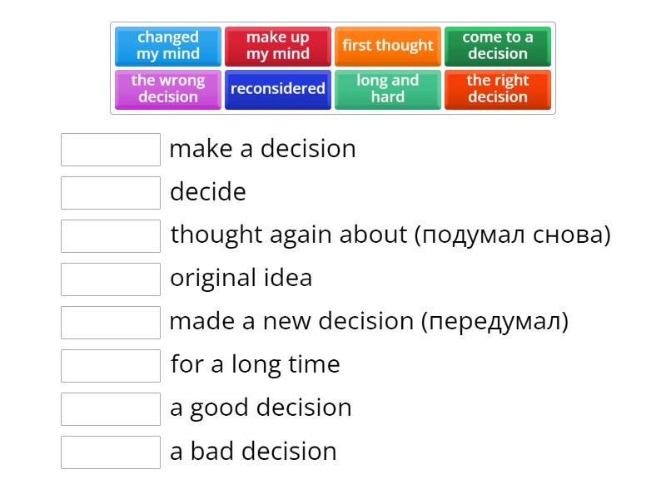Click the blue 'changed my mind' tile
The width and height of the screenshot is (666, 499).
168,46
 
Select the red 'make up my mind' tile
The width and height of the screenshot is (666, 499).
278,46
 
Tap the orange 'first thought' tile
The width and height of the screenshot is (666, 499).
388,46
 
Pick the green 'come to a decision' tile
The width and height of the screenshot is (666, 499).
498,46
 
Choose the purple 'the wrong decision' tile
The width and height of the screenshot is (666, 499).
168,89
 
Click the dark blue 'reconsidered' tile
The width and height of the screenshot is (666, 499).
278,89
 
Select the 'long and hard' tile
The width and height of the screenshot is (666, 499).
388,89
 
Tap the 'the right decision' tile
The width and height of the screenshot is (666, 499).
498,89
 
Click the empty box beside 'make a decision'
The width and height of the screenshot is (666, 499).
111,150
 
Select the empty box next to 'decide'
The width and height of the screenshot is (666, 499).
111,193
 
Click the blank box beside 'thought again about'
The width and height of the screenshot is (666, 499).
111,236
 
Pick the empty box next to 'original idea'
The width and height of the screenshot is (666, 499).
111,279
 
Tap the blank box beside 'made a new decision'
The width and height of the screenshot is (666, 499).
111,323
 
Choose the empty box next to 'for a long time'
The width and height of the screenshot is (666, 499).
111,366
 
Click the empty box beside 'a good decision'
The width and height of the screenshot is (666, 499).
111,409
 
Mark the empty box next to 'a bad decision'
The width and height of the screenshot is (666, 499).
111,452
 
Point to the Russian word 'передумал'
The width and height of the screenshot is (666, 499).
495,322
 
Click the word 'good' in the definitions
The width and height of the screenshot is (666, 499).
221,408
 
